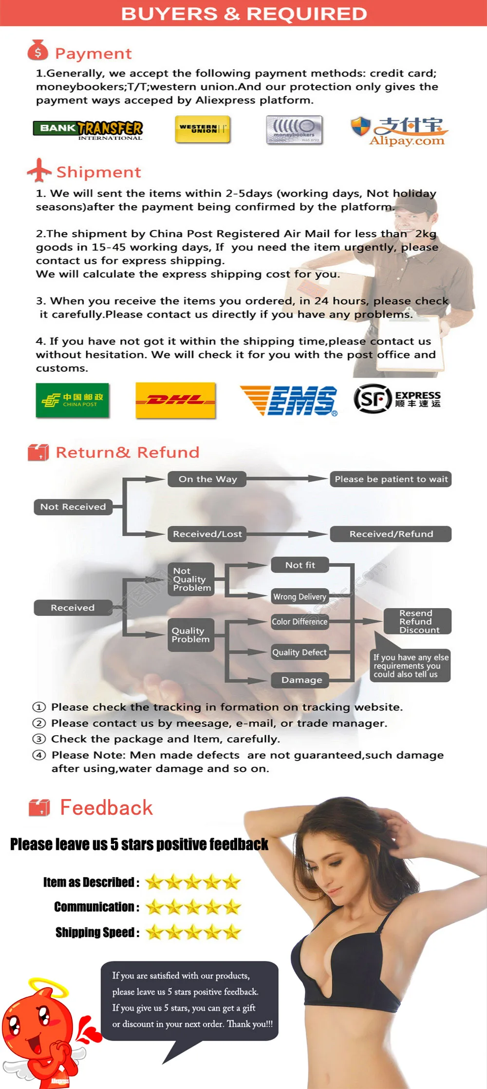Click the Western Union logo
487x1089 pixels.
[x=202, y=129]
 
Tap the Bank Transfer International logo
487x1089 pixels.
[x=88, y=130]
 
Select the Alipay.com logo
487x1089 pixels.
[x=399, y=131]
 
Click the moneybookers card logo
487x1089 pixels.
[x=294, y=130]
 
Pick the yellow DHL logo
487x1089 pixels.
[x=175, y=401]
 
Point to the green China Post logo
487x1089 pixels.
[x=73, y=401]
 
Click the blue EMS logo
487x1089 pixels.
[x=289, y=401]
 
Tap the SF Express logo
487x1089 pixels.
[x=397, y=399]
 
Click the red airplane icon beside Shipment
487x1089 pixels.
[x=39, y=170]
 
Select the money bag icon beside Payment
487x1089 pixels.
[x=37, y=50]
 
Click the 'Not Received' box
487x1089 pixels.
[x=73, y=507]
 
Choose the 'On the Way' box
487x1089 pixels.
[x=207, y=479]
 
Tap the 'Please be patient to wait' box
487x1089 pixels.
[x=391, y=479]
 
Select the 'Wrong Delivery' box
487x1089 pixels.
[x=300, y=596]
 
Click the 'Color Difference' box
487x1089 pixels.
[x=300, y=622]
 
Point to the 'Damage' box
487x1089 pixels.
[x=301, y=680]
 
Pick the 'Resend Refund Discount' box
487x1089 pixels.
[x=417, y=621]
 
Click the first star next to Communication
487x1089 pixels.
[x=154, y=907]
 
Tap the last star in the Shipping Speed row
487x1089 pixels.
[x=232, y=932]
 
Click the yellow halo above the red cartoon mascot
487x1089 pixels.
[x=49, y=987]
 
